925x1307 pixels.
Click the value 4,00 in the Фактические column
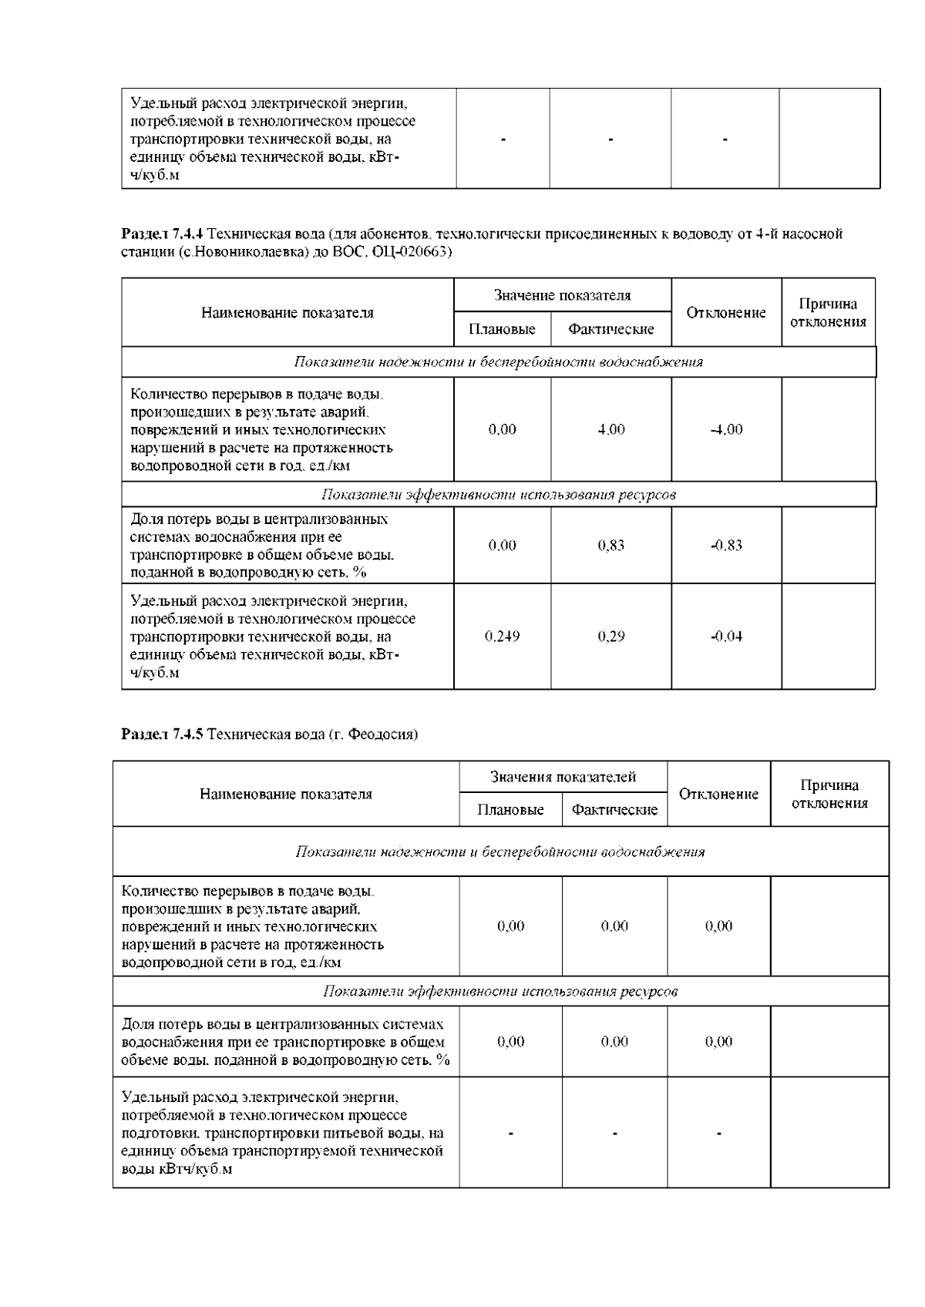(x=611, y=430)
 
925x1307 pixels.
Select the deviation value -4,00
(x=726, y=430)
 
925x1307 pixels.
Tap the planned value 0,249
(x=502, y=637)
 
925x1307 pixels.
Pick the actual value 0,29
(x=611, y=637)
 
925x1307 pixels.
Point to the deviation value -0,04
(x=726, y=637)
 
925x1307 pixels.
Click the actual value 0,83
(x=611, y=546)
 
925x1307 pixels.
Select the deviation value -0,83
(x=726, y=546)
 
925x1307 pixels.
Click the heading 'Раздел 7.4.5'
(x=162, y=734)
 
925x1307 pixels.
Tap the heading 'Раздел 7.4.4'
(x=163, y=234)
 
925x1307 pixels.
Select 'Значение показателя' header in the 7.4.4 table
(x=562, y=295)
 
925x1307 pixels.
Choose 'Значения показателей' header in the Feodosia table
(x=563, y=777)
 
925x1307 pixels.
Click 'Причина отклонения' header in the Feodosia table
(x=829, y=795)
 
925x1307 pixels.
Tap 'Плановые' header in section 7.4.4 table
(x=502, y=330)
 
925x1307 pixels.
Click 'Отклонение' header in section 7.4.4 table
(x=726, y=313)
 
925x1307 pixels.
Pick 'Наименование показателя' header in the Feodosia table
(x=286, y=795)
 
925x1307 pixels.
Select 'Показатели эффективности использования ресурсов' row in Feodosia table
(x=500, y=991)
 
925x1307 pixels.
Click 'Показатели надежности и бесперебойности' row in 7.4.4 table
(x=498, y=362)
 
